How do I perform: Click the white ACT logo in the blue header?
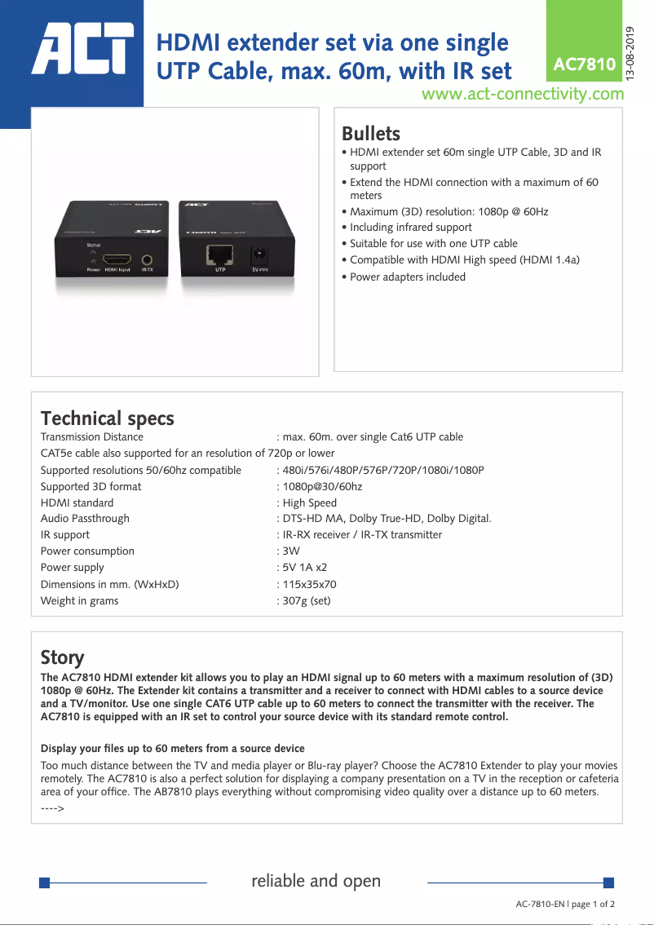[82, 46]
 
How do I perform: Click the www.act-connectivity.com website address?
[523, 94]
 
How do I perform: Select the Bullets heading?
[371, 134]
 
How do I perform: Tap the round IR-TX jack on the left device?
[148, 256]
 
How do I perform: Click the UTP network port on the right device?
[220, 254]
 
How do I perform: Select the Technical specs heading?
[108, 418]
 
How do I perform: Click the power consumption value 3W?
[291, 551]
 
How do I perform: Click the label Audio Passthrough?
[85, 519]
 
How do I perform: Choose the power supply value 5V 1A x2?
[305, 568]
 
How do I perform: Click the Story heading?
[63, 657]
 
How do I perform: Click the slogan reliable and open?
[316, 881]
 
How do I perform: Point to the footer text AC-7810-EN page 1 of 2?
[565, 904]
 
